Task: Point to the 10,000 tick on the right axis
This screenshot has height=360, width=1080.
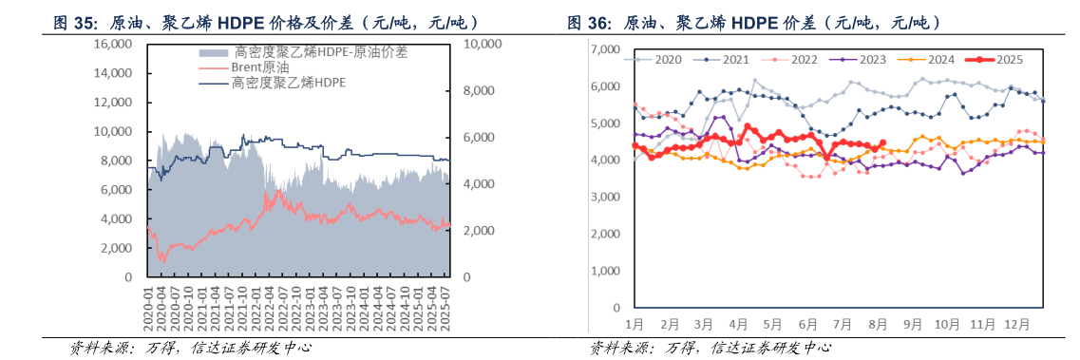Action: pyautogui.click(x=482, y=45)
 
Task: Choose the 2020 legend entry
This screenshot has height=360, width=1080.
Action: pyautogui.click(x=667, y=59)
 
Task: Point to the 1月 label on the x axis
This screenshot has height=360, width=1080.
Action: pyautogui.click(x=635, y=325)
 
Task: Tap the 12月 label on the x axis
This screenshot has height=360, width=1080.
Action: pyautogui.click(x=1016, y=325)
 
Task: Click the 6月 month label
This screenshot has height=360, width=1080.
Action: pyautogui.click(x=807, y=325)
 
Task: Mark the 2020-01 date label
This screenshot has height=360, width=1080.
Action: pyautogui.click(x=147, y=310)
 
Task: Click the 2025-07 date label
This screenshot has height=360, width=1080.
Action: pyautogui.click(x=443, y=310)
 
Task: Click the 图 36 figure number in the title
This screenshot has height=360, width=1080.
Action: pyautogui.click(x=588, y=21)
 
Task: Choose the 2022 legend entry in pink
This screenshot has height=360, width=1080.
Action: pyautogui.click(x=798, y=59)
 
